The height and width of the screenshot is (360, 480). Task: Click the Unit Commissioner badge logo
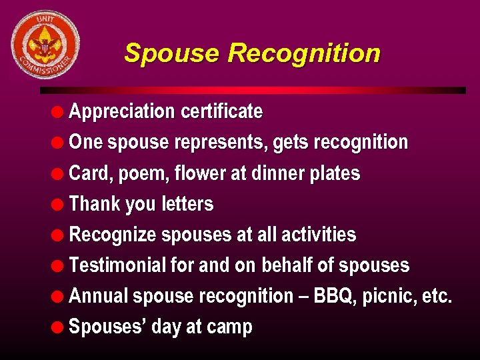point(44,45)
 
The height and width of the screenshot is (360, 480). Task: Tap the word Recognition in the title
point(305,53)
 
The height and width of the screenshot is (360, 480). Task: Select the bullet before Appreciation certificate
point(59,112)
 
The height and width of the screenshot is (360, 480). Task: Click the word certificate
point(221,111)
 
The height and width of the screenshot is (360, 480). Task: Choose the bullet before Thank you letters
point(59,205)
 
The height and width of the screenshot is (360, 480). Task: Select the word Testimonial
point(117,265)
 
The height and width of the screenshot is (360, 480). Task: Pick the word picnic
point(390,296)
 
